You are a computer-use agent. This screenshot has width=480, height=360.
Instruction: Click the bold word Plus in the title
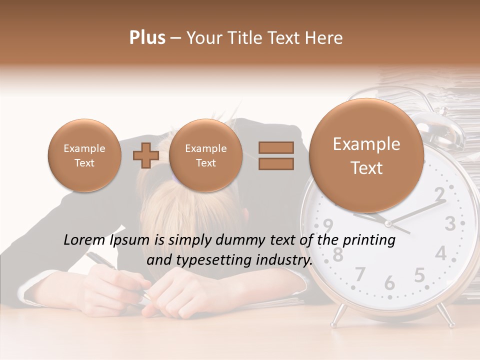[147, 38]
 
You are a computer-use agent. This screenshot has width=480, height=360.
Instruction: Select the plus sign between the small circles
[145, 155]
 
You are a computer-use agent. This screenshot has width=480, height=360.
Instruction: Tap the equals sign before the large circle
[275, 155]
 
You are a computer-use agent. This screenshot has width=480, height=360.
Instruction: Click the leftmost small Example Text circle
[84, 155]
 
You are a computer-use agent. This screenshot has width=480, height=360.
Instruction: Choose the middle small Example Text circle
[205, 155]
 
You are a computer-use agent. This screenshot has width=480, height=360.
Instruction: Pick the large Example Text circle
[366, 155]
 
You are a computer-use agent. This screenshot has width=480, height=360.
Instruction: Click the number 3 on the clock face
[450, 223]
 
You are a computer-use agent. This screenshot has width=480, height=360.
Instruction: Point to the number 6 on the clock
[389, 283]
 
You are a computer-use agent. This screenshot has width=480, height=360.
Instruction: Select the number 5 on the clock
[419, 274]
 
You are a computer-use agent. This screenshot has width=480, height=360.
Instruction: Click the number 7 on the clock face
[360, 274]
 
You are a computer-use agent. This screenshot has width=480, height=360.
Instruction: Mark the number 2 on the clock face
[439, 192]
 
